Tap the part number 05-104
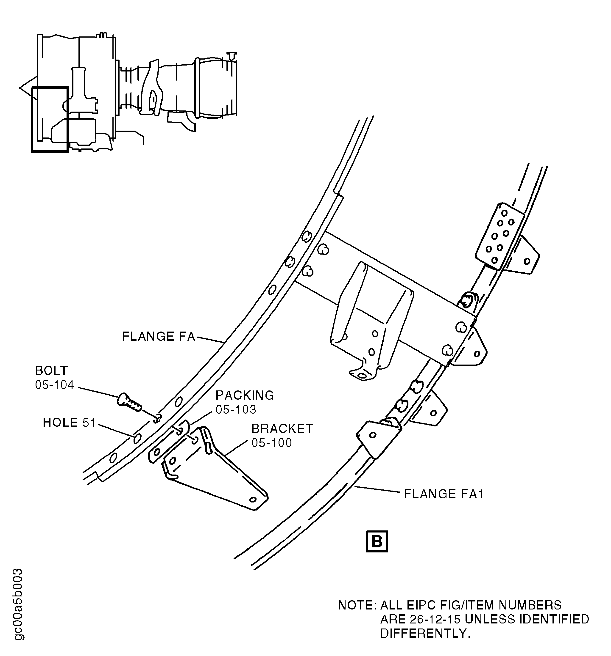pyautogui.click(x=55, y=385)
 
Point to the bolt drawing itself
pyautogui.click(x=129, y=402)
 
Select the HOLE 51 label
pyautogui.click(x=69, y=423)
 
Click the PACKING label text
pyautogui.click(x=245, y=395)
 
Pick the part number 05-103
pyautogui.click(x=236, y=409)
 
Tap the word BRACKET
pyautogui.click(x=282, y=429)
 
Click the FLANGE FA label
pyautogui.click(x=159, y=337)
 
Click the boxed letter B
pyautogui.click(x=377, y=541)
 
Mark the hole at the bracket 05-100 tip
pyautogui.click(x=253, y=500)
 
